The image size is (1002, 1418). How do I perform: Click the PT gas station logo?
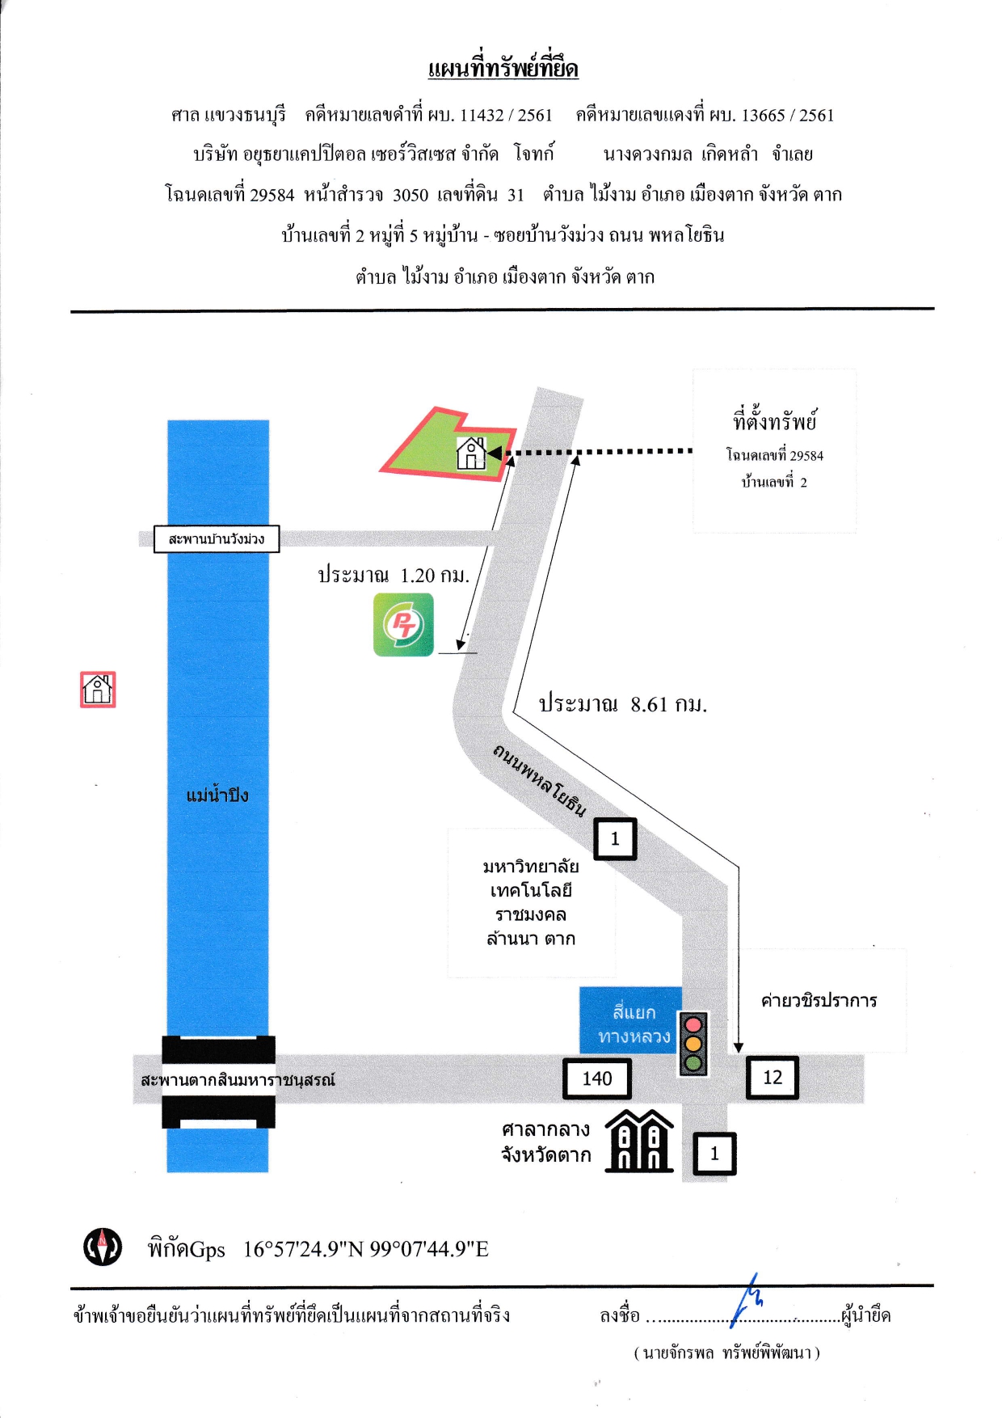(403, 625)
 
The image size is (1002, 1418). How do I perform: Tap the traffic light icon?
(693, 1044)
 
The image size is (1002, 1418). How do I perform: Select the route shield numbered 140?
(597, 1078)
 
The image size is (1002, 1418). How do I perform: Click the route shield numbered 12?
(772, 1078)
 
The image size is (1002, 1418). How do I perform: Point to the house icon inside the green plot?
(471, 454)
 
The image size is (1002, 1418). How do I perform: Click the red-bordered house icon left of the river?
(98, 690)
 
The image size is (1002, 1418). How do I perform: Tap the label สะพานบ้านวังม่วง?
(217, 539)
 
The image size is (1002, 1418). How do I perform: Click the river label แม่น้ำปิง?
(217, 796)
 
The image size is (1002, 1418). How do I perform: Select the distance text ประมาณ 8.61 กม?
(623, 704)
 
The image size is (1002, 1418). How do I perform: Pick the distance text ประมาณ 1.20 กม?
(394, 576)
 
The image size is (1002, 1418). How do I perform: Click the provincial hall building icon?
(639, 1141)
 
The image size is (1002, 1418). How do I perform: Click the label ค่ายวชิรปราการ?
(819, 1001)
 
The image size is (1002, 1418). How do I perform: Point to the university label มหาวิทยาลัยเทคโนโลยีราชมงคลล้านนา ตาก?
(531, 902)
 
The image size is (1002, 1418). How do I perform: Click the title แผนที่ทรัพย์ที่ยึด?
(503, 68)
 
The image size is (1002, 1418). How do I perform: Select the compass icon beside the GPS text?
(103, 1247)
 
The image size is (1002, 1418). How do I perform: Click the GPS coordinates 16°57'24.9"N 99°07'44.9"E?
(366, 1249)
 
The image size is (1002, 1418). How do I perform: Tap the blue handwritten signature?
(747, 1300)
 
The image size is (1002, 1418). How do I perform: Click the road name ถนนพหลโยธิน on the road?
(539, 780)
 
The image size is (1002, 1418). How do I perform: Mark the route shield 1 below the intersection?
(714, 1154)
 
